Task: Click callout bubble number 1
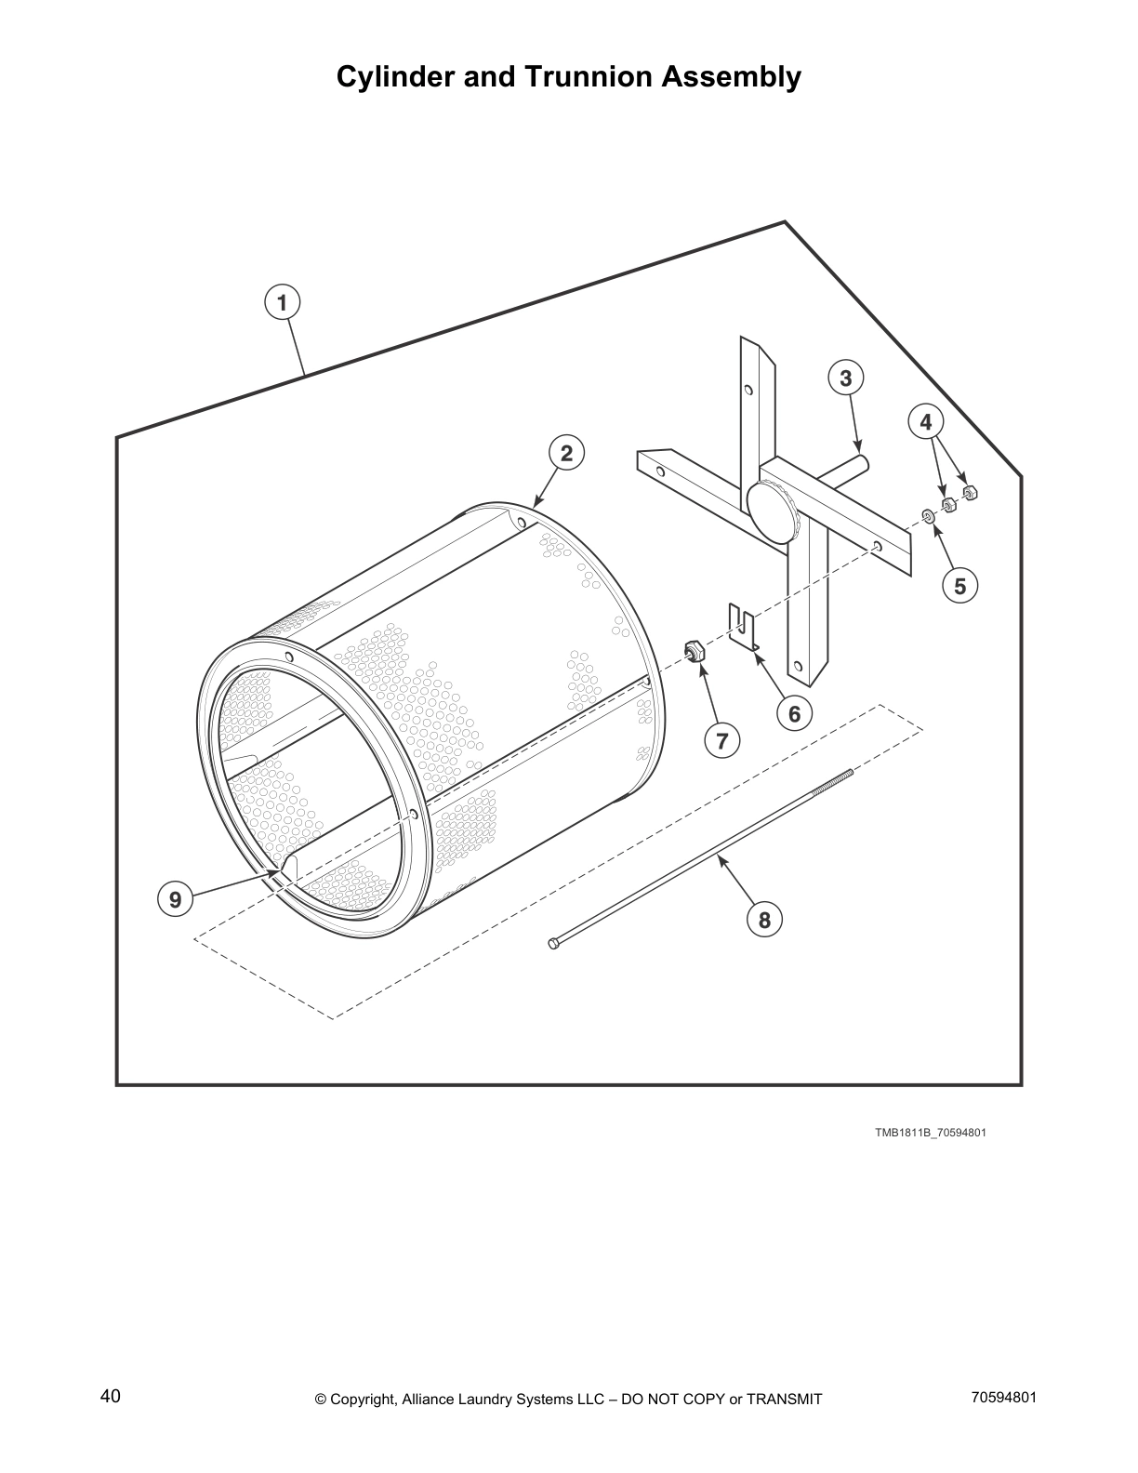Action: (x=282, y=302)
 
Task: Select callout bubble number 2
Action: (x=566, y=453)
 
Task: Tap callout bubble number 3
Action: (x=845, y=378)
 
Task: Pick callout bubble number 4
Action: (x=925, y=422)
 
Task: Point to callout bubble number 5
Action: (x=959, y=586)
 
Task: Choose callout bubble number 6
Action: (x=794, y=713)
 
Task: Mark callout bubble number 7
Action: (x=721, y=740)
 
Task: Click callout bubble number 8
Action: (x=764, y=920)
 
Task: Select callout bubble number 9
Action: (x=175, y=898)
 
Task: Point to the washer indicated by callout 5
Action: (x=927, y=515)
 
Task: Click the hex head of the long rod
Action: (x=554, y=945)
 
